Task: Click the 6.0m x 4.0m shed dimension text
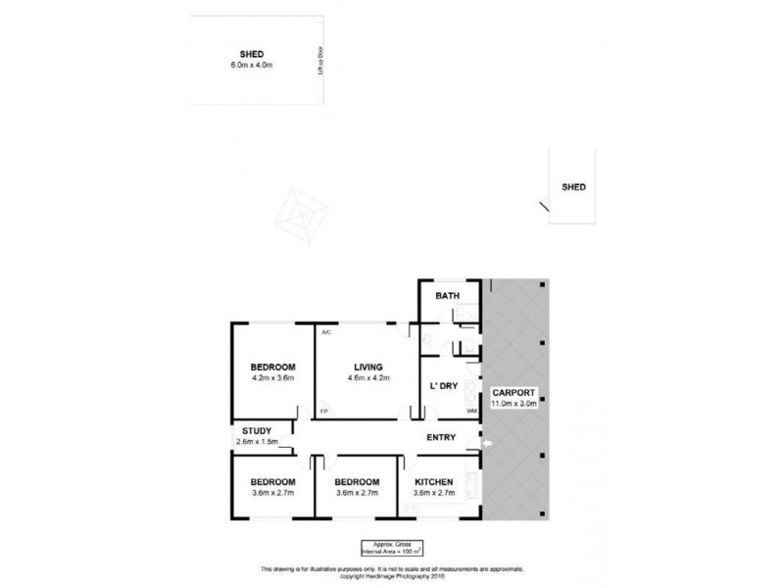(x=252, y=65)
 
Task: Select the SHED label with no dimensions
(x=573, y=186)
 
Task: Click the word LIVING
(x=368, y=367)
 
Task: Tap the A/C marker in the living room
(x=324, y=332)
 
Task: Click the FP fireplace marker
(x=323, y=411)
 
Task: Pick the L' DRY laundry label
(x=444, y=385)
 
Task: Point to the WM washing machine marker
(x=471, y=411)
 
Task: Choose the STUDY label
(x=258, y=430)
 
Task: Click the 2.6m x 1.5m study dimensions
(x=258, y=442)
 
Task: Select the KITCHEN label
(x=432, y=482)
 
